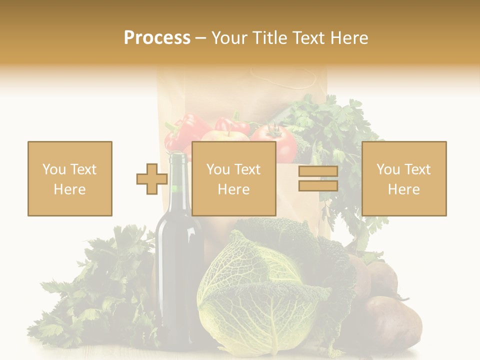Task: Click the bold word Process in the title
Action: click(157, 38)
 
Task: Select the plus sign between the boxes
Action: click(152, 178)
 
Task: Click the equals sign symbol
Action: click(318, 178)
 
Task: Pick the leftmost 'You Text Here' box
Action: click(69, 178)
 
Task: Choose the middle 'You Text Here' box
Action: click(233, 178)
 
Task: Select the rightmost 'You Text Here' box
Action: click(403, 178)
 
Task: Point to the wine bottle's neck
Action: click(177, 170)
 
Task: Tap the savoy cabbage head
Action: click(255, 290)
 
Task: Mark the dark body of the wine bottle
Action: click(178, 270)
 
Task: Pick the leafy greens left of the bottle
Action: click(100, 290)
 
